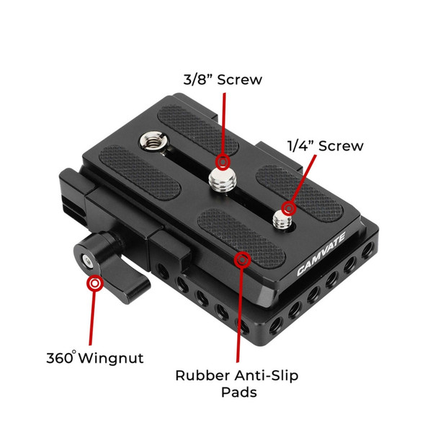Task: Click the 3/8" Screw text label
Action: pyautogui.click(x=223, y=80)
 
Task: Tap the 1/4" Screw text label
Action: pyautogui.click(x=326, y=146)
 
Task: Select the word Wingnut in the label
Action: pyautogui.click(x=111, y=358)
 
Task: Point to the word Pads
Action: pyautogui.click(x=239, y=393)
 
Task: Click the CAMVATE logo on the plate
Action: pyautogui.click(x=321, y=254)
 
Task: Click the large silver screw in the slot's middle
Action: pyautogui.click(x=223, y=179)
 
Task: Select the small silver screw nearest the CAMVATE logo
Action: pyautogui.click(x=282, y=220)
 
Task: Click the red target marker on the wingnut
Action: pyautogui.click(x=95, y=284)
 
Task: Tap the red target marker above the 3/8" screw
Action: pyautogui.click(x=223, y=162)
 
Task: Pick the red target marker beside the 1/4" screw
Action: pyautogui.click(x=289, y=208)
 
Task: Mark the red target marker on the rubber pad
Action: pyautogui.click(x=243, y=260)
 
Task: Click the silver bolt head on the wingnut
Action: pyautogui.click(x=88, y=262)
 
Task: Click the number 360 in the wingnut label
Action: pyautogui.click(x=60, y=358)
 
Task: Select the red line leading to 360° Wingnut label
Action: pyautogui.click(x=92, y=318)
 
